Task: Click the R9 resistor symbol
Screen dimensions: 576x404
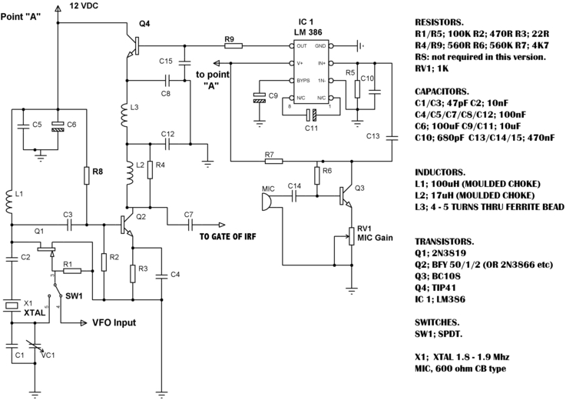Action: click(233, 45)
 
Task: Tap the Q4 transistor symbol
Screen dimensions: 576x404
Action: click(133, 46)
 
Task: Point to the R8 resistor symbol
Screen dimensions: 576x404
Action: click(86, 175)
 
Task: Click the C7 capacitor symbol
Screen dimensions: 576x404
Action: click(190, 224)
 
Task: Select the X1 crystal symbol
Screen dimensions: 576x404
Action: click(12, 305)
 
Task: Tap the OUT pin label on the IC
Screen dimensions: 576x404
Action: click(302, 46)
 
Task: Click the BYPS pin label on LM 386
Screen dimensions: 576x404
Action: click(303, 80)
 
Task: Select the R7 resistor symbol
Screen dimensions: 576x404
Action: click(273, 161)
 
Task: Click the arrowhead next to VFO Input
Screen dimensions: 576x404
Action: click(84, 322)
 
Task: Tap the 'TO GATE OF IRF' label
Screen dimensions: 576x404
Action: click(228, 236)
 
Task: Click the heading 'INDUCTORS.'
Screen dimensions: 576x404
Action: click(440, 172)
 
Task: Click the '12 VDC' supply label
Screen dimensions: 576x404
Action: click(84, 6)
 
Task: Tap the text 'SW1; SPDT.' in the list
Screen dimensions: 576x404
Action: click(439, 334)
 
